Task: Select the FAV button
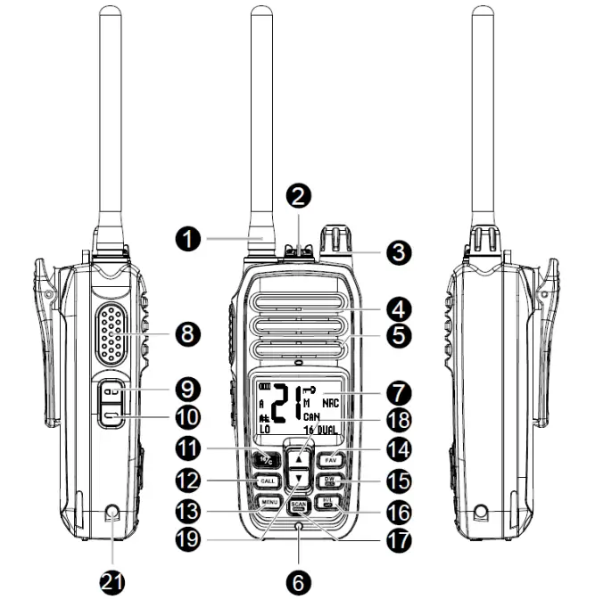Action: [x=328, y=461]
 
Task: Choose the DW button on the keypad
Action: [x=328, y=483]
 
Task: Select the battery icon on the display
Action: [x=265, y=388]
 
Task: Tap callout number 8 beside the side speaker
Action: [x=187, y=335]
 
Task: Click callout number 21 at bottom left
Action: [x=112, y=583]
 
